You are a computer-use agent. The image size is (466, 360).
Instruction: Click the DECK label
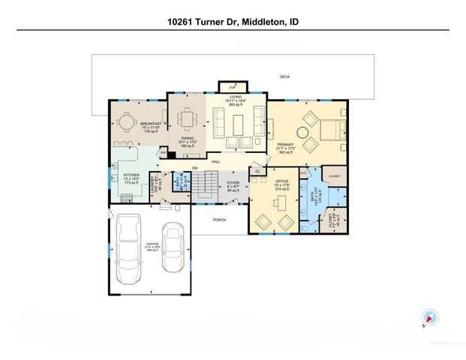[x=284, y=76]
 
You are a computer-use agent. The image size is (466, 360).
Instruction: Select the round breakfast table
[x=125, y=121]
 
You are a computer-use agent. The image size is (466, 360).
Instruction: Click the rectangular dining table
[x=186, y=119]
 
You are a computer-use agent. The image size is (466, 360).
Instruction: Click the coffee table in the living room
[x=239, y=121]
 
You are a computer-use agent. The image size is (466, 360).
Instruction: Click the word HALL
[x=215, y=161]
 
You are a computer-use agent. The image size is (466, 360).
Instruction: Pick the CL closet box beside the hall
[x=257, y=171]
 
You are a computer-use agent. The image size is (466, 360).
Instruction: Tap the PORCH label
[x=219, y=220]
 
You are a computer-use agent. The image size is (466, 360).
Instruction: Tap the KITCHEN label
[x=131, y=175]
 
